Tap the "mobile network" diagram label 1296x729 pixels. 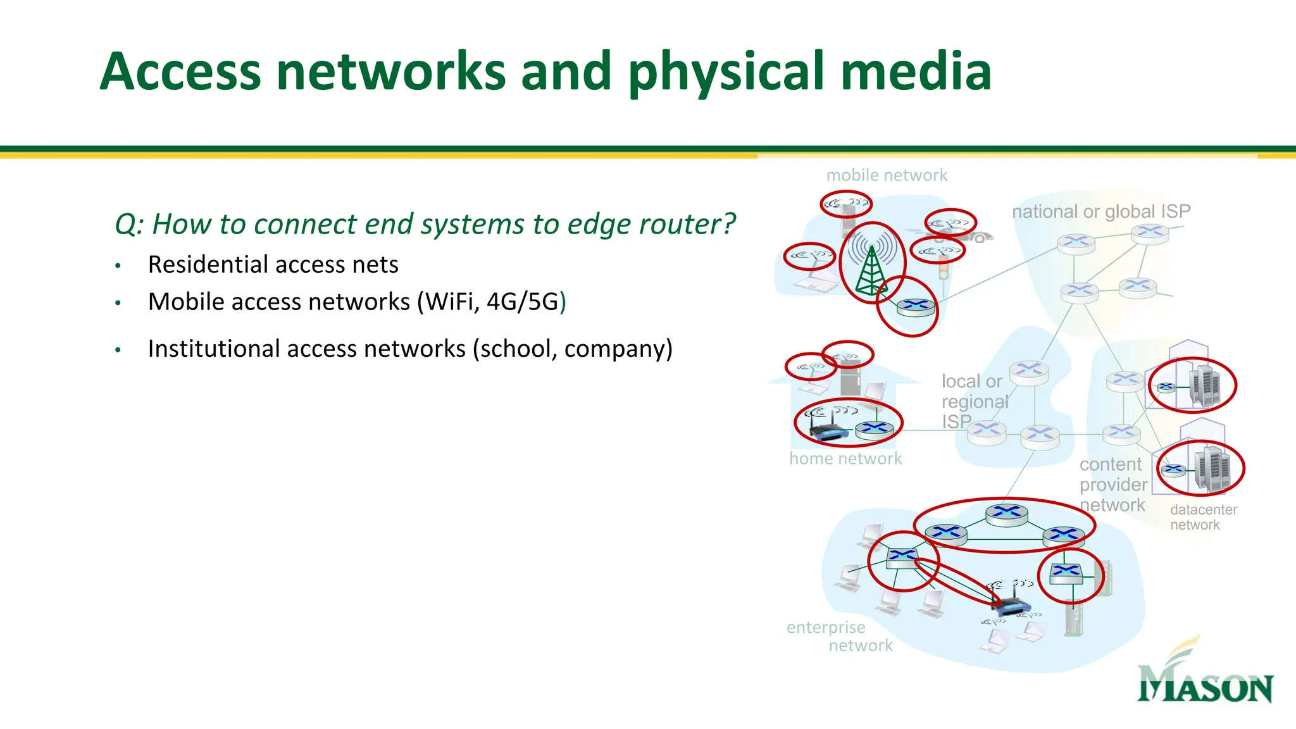click(x=887, y=175)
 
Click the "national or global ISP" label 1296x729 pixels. click(x=1101, y=211)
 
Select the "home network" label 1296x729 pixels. click(x=845, y=459)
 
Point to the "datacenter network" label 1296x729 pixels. click(x=1203, y=517)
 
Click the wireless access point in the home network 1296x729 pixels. click(x=827, y=432)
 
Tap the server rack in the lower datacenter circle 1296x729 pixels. click(x=1212, y=468)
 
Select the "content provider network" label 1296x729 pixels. click(x=1113, y=485)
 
